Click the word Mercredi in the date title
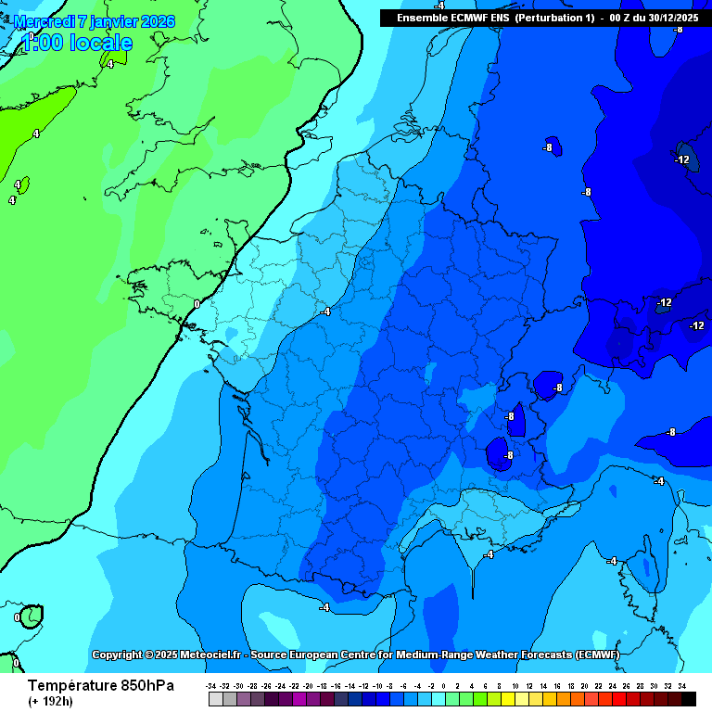click(44, 21)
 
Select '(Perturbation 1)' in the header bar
click(554, 19)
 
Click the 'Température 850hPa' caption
click(100, 685)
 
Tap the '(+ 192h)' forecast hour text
click(54, 701)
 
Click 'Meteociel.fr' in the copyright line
click(210, 655)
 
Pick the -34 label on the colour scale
click(212, 685)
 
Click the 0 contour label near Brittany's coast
click(197, 304)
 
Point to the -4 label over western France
click(324, 312)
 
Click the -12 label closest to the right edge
click(696, 325)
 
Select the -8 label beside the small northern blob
click(548, 147)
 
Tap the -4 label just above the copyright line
click(324, 607)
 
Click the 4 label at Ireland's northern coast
click(109, 64)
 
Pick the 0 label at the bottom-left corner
click(16, 663)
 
